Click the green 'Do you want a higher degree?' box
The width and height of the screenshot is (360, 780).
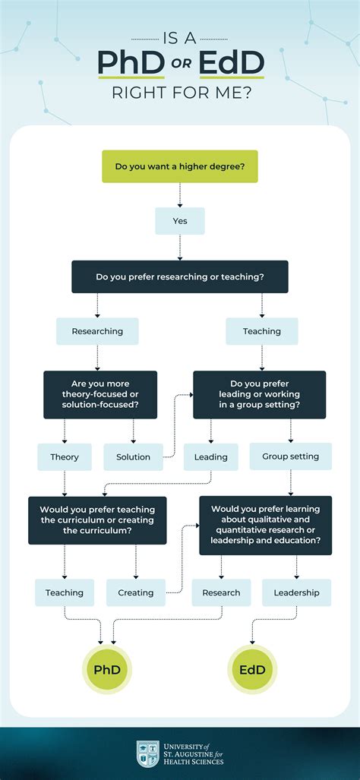(179, 166)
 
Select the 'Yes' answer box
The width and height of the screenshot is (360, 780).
(179, 221)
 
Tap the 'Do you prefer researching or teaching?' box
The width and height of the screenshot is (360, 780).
(179, 277)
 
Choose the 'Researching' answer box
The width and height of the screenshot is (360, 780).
(97, 331)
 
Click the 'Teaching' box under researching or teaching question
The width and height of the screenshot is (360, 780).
(262, 331)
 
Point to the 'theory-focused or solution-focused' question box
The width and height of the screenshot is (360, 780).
(100, 395)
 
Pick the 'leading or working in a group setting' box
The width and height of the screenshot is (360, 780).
(259, 395)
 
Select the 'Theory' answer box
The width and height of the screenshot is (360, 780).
(65, 457)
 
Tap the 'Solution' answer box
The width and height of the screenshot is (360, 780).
(133, 457)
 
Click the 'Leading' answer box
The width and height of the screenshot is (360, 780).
(210, 457)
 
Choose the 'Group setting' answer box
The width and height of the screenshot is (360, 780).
(290, 456)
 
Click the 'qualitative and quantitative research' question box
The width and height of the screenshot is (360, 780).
(265, 525)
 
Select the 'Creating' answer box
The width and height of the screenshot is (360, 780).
(135, 592)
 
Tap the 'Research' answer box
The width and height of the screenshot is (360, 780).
(221, 592)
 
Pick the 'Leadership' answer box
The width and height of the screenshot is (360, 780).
(296, 592)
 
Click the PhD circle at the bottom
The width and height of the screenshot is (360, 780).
(107, 669)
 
